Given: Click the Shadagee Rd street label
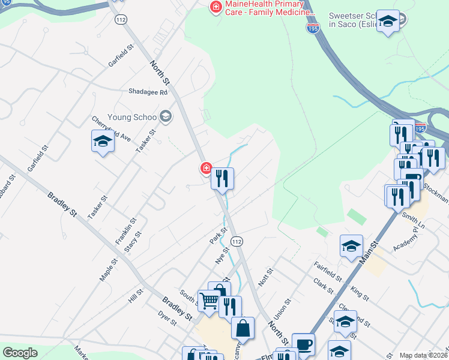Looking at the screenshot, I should tap(148, 92).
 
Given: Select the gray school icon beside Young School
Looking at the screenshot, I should tap(166, 116).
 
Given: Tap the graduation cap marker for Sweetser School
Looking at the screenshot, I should tap(388, 23).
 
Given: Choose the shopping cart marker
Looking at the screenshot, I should tap(209, 300).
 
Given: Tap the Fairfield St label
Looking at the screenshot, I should tap(328, 271).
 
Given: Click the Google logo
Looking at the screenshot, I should tap(20, 353).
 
